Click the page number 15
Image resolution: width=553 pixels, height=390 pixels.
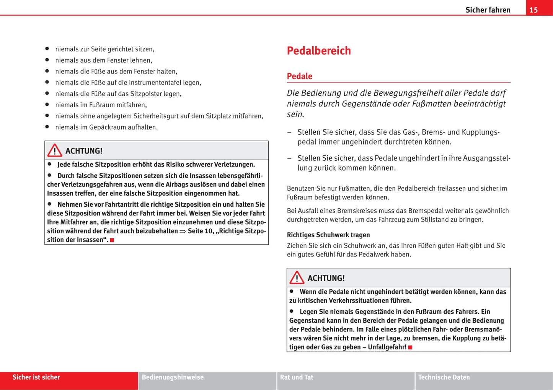(x=533, y=10)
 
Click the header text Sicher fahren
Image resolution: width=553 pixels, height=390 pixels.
(x=488, y=10)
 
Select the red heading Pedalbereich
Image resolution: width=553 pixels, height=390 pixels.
(x=319, y=51)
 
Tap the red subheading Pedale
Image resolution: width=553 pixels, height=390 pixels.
(x=299, y=76)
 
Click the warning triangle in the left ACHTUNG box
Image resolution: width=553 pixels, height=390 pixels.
(x=55, y=150)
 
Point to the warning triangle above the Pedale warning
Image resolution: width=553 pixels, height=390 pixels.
(x=297, y=278)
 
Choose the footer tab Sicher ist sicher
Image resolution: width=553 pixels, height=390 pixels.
(x=36, y=377)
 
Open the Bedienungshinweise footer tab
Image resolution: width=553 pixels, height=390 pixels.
(x=173, y=377)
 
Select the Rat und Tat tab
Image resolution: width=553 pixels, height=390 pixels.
(x=297, y=377)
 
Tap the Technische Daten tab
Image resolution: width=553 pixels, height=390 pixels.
(x=444, y=377)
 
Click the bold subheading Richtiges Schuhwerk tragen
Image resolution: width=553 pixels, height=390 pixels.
(x=328, y=235)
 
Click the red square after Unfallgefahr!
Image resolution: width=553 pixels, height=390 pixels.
(x=410, y=348)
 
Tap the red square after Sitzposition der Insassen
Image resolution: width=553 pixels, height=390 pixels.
(x=112, y=240)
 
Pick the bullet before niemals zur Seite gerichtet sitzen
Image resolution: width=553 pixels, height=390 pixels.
(x=47, y=49)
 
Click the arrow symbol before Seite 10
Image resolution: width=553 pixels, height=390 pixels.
(x=183, y=231)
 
